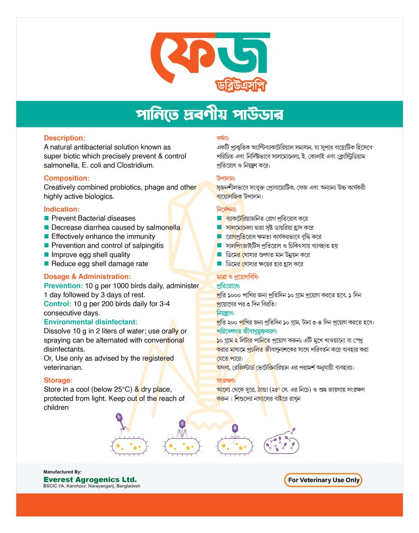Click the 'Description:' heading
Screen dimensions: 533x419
pos(64,138)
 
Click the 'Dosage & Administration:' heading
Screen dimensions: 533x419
pos(87,276)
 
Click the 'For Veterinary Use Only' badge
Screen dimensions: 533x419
pos(323,480)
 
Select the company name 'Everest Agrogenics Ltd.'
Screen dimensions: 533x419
pos(90,479)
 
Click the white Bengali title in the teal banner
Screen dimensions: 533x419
pos(209,115)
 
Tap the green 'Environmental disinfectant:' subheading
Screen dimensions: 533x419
pos(90,322)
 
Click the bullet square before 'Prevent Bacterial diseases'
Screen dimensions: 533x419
pos(46,218)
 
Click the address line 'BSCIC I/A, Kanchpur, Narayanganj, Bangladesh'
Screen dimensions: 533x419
pos(91,486)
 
